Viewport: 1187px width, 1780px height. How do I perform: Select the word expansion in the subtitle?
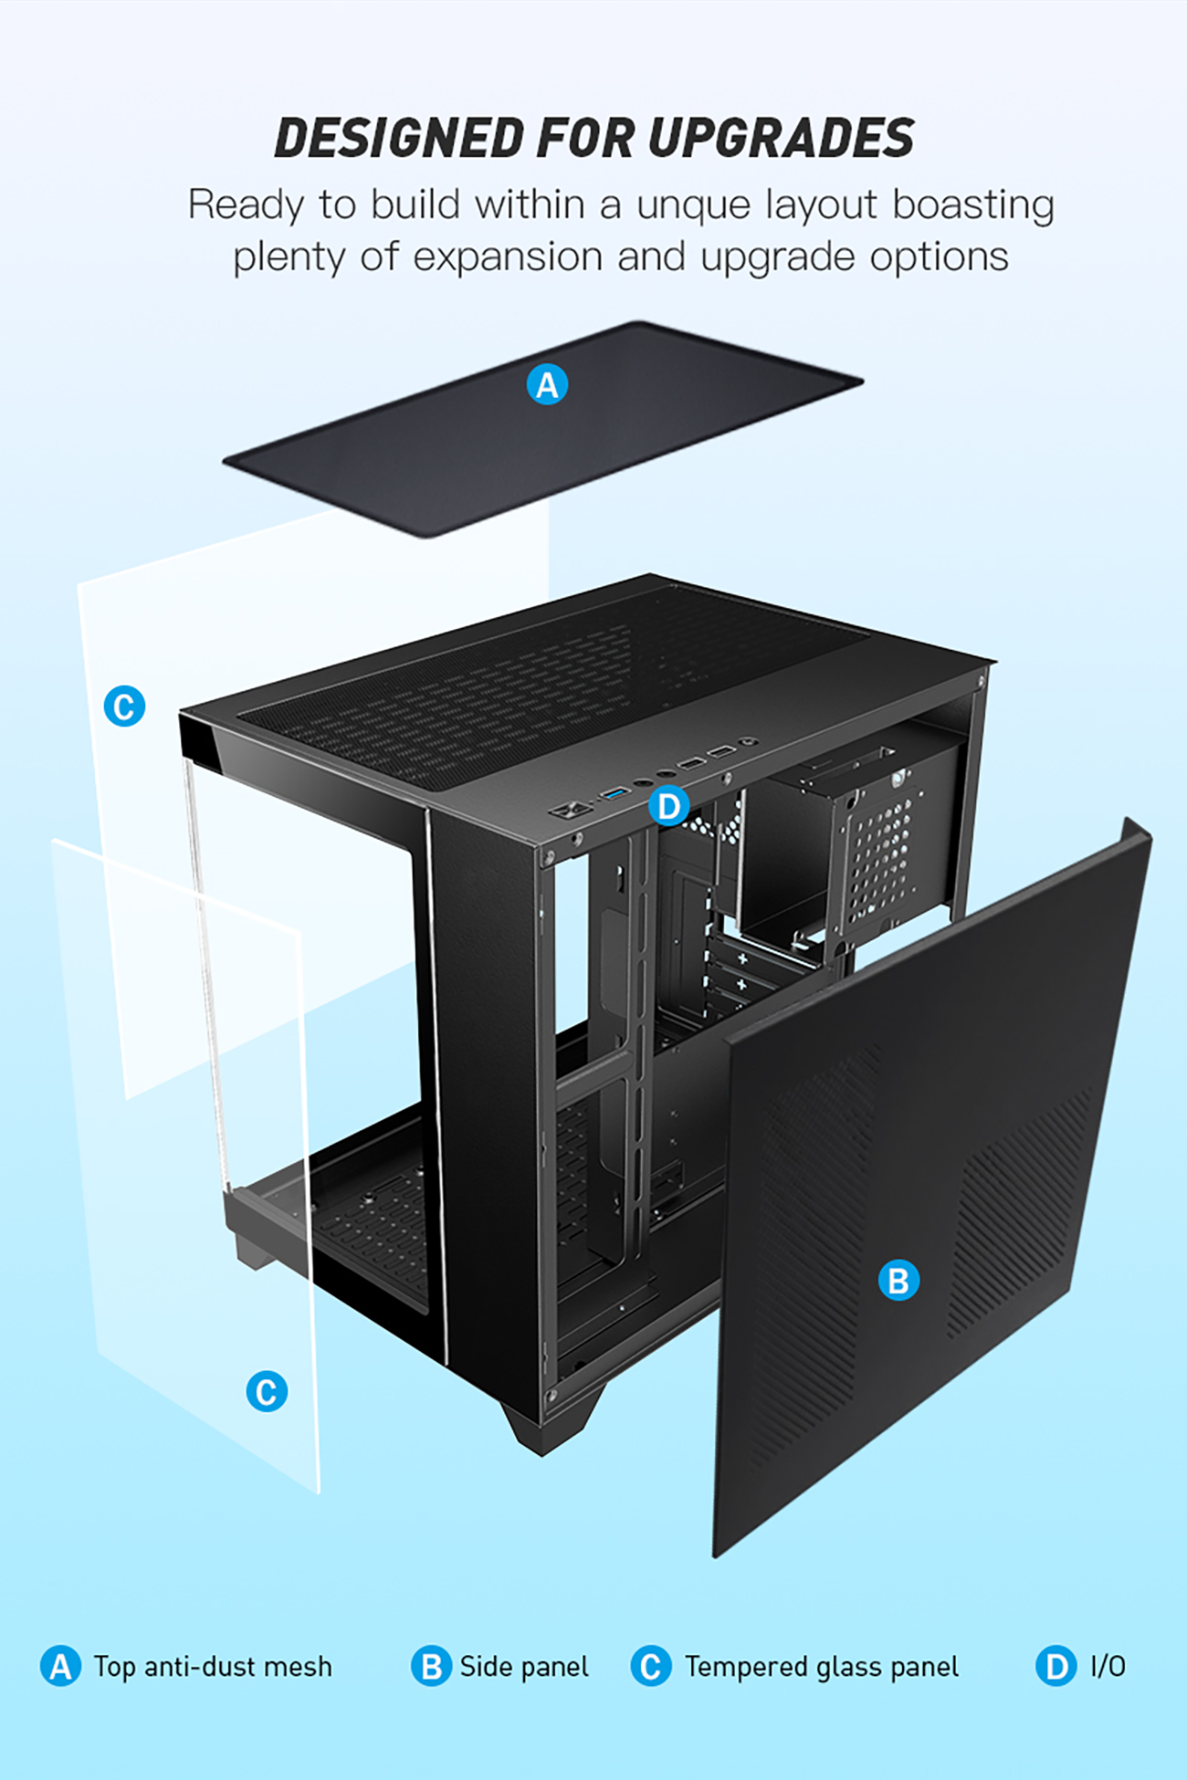[509, 257]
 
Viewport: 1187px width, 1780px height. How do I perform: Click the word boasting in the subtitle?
[973, 206]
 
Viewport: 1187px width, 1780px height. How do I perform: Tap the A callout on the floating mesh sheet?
[547, 384]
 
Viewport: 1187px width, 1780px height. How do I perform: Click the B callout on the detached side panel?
[898, 1280]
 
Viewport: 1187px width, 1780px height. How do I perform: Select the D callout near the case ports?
[669, 806]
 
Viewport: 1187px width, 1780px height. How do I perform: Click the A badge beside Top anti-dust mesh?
[60, 1666]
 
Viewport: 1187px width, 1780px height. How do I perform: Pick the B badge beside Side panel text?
[431, 1666]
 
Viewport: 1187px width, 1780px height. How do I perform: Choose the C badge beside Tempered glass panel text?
[651, 1666]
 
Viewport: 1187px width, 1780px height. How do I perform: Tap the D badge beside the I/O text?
[1056, 1666]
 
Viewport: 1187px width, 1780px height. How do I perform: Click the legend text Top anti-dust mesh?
[213, 1667]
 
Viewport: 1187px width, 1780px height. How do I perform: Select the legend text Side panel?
[524, 1667]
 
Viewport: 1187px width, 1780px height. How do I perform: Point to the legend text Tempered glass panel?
[822, 1667]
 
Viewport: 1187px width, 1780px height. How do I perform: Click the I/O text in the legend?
[1108, 1667]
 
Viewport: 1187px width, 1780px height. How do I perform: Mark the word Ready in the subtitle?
[245, 206]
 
